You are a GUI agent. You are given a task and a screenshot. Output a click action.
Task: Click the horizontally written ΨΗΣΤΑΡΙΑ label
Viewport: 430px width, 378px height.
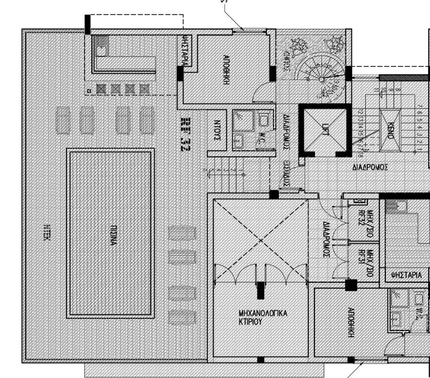pyautogui.click(x=406, y=275)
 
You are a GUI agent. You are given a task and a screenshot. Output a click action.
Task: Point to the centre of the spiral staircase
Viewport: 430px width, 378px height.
pyautogui.click(x=320, y=79)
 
